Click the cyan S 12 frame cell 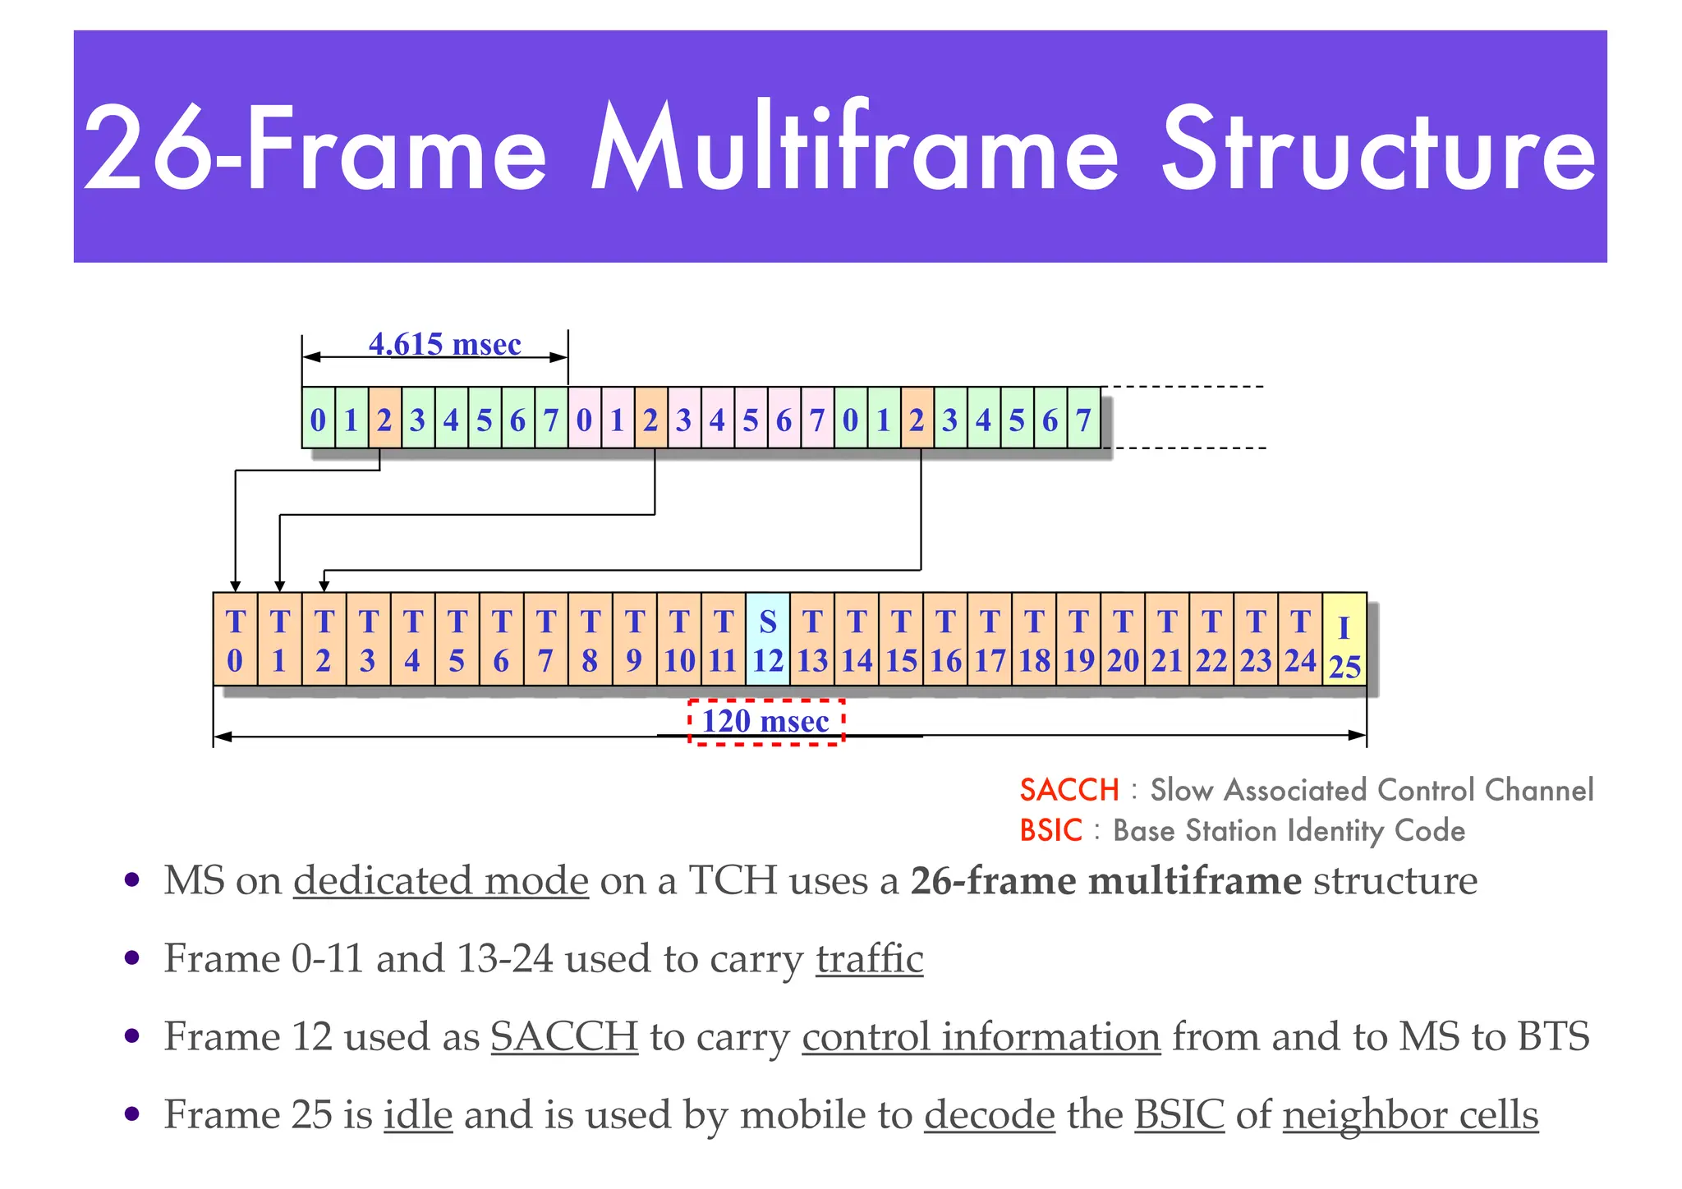pos(768,640)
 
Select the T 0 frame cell pos(235,640)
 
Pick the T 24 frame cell pos(1300,640)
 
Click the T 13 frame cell pos(812,640)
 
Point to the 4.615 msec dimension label pos(444,344)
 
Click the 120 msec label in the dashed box pos(765,721)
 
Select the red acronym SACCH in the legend pos(1069,790)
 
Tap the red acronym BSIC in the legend pos(1051,831)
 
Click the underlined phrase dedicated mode pos(441,881)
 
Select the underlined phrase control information pos(981,1037)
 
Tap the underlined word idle pos(418,1115)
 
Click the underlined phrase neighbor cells pos(1410,1115)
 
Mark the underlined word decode pos(989,1115)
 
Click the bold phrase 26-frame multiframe pos(1105,881)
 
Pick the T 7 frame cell pos(546,640)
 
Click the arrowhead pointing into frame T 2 pos(324,585)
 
